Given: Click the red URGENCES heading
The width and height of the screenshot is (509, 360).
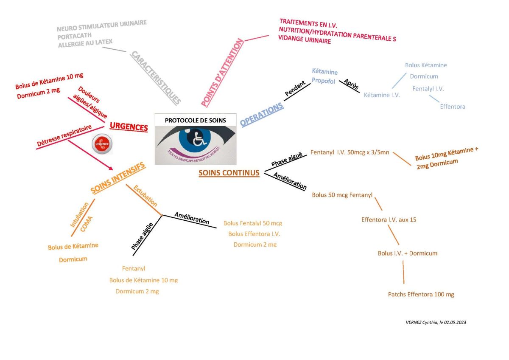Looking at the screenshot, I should point(129,127).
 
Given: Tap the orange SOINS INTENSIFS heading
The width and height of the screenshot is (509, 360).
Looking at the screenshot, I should point(118,178).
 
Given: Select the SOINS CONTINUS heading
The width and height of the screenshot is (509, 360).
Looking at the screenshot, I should point(229,173).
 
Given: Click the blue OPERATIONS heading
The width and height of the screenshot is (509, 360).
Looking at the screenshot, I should point(262,115).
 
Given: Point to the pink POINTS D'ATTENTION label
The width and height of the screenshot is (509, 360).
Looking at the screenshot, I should point(222,73).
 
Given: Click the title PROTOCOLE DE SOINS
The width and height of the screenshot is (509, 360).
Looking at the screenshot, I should point(195,120).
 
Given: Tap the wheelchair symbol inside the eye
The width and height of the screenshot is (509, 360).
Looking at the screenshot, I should point(197,139).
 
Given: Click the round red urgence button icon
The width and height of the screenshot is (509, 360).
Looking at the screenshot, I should point(102,144).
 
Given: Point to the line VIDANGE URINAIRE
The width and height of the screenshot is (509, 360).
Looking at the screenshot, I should point(304,41).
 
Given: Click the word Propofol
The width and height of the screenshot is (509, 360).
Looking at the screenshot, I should point(324,81).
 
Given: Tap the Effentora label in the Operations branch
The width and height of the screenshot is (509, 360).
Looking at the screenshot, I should point(452,107).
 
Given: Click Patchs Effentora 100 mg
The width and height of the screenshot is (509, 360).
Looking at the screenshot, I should point(421,294).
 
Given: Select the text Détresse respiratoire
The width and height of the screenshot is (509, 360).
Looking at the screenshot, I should point(64,136).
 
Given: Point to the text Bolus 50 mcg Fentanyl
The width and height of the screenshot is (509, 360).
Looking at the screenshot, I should point(342,195).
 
